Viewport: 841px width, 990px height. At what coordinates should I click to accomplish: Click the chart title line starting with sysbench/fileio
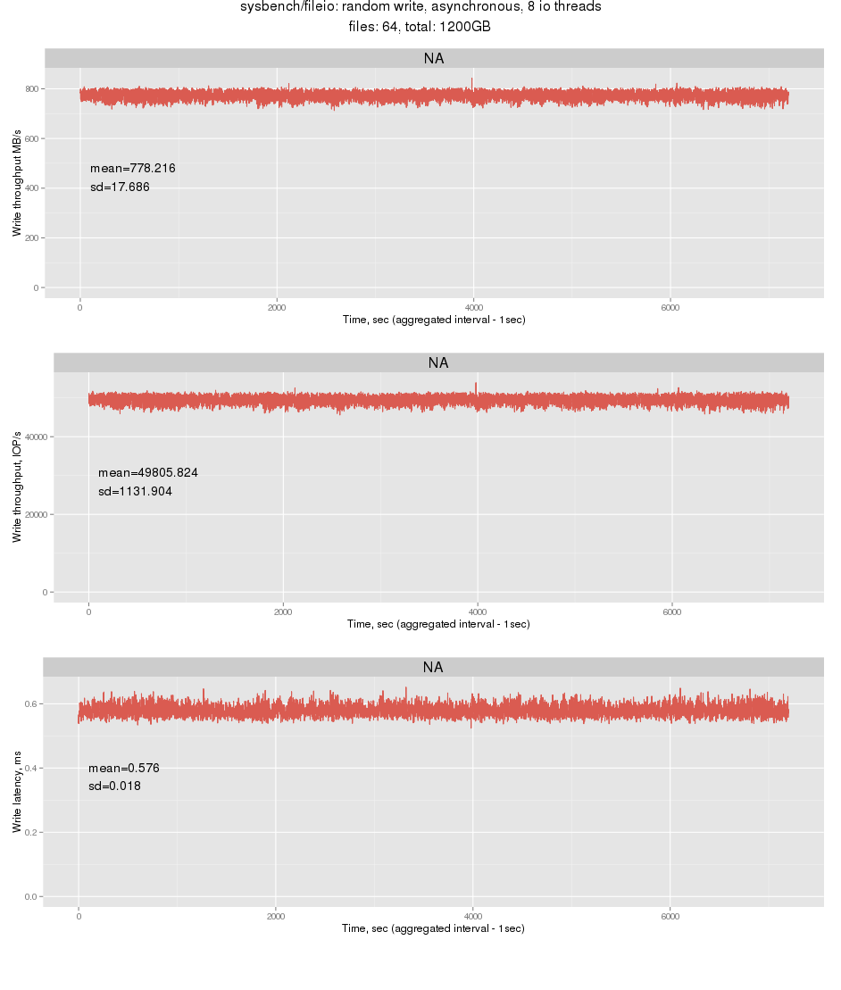click(x=420, y=7)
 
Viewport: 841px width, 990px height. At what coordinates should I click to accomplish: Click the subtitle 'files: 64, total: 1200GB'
click(x=420, y=27)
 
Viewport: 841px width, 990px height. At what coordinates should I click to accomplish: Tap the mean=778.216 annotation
click(x=127, y=168)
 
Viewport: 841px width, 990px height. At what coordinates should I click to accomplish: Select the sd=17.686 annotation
click(x=120, y=187)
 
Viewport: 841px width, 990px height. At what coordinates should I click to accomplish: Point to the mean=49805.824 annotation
click(x=148, y=472)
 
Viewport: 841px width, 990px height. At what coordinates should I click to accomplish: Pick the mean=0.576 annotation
click(x=124, y=768)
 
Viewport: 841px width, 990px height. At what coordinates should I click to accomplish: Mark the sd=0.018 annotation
click(x=114, y=786)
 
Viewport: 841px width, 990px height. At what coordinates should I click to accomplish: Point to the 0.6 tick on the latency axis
click(x=30, y=703)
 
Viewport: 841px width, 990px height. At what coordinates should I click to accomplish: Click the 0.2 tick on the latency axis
click(x=30, y=832)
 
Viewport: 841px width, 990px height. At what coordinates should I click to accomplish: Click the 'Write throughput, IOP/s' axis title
click(x=16, y=483)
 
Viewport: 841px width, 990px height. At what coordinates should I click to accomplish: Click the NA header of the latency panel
click(x=433, y=668)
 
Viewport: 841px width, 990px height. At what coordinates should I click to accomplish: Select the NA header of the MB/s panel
click(x=433, y=59)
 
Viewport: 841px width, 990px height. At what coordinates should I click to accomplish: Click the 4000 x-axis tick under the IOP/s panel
click(x=478, y=611)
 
